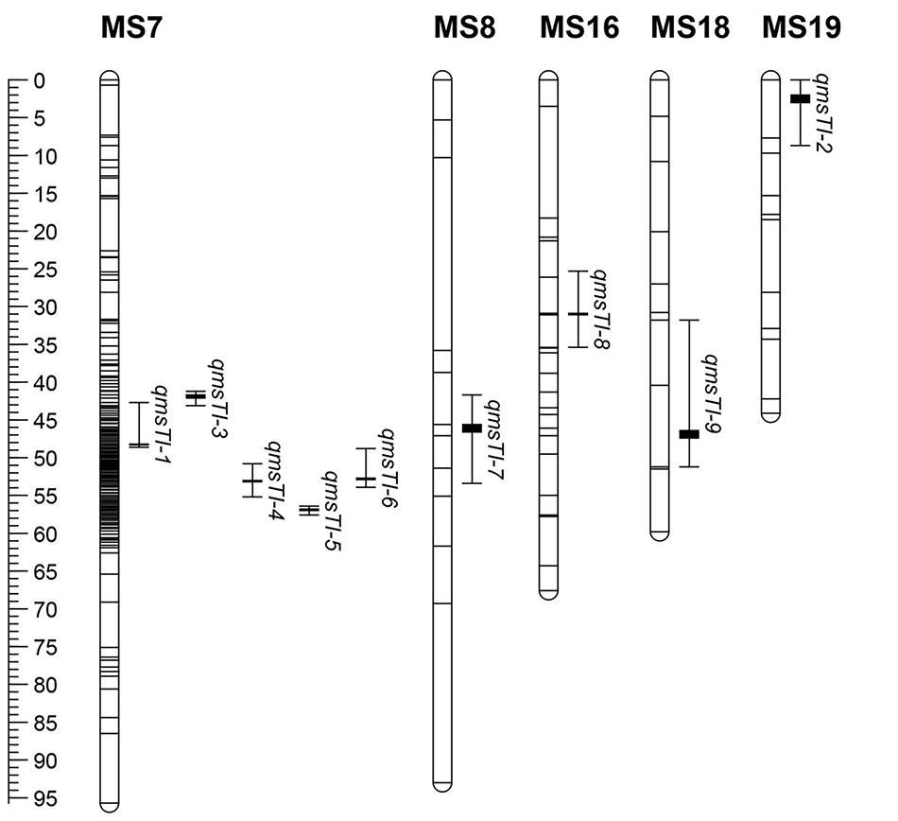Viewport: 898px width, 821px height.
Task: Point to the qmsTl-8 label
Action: (x=600, y=308)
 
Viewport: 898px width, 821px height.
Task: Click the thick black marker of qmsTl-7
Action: (x=472, y=428)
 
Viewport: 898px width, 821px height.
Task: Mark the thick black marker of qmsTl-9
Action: (x=689, y=434)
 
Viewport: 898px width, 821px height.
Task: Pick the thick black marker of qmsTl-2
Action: (x=800, y=98)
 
